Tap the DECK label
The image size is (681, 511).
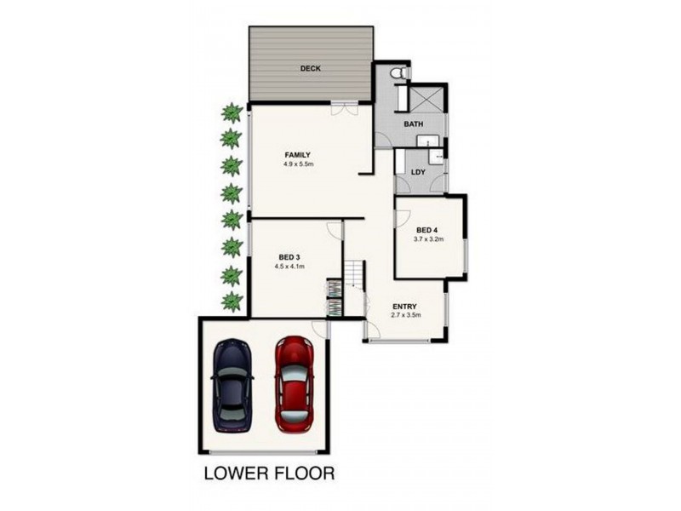click(309, 69)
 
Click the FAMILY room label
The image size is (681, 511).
click(297, 155)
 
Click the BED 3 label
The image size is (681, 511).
click(289, 256)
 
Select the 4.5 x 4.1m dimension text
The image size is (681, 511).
click(289, 266)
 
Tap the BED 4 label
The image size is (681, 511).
click(427, 231)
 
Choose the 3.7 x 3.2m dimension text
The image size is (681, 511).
click(427, 240)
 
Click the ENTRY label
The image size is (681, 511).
click(403, 306)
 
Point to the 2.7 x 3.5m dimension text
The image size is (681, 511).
click(405, 316)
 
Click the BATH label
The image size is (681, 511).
click(414, 124)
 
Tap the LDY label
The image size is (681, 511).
click(417, 171)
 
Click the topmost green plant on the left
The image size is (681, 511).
click(230, 112)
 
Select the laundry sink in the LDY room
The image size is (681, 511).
click(435, 156)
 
